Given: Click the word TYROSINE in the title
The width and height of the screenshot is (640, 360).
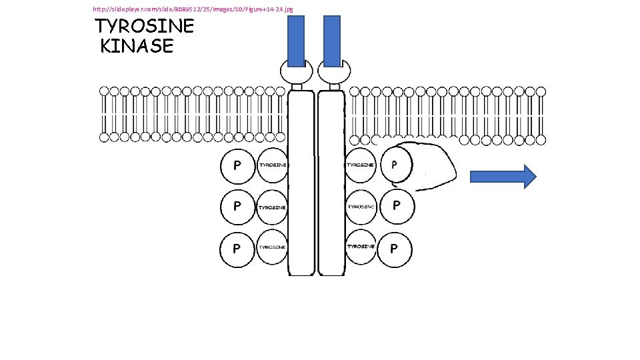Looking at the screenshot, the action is (145, 27).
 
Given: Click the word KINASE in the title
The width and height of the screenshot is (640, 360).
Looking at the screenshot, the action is (137, 46).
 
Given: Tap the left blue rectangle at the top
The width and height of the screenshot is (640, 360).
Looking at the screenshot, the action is (296, 41).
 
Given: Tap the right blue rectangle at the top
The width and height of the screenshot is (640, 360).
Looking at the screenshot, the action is (331, 41).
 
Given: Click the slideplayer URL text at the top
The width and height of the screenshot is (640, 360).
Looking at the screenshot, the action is (193, 9).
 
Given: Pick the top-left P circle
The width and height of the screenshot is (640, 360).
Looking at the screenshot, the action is (237, 165).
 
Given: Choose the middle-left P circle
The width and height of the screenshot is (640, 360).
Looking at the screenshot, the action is (237, 207).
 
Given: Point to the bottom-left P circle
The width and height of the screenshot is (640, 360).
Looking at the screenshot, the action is (237, 248).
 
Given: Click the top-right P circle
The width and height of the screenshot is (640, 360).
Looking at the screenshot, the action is (395, 164).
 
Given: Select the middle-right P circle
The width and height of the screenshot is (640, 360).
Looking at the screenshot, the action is (396, 206).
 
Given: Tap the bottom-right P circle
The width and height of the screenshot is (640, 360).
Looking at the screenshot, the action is (395, 248).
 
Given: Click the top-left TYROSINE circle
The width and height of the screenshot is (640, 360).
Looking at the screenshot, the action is (272, 165).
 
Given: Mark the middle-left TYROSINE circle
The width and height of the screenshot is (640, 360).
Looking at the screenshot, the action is (272, 207).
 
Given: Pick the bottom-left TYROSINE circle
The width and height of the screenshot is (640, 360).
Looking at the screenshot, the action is (272, 247).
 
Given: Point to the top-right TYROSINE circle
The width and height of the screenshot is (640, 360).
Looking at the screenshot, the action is (361, 165).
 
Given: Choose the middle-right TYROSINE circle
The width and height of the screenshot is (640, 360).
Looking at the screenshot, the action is (361, 207).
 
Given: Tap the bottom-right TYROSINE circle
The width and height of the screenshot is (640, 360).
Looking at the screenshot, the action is (361, 247).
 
